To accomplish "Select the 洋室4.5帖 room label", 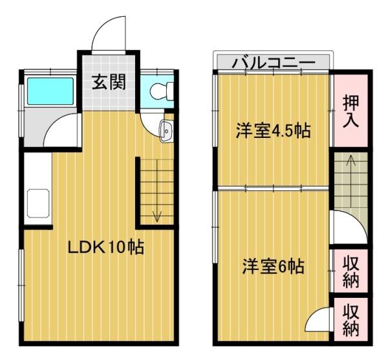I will (x=272, y=131).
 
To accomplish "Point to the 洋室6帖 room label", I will (x=274, y=266).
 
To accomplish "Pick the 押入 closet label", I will (x=350, y=111).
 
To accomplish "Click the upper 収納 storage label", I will (x=350, y=271).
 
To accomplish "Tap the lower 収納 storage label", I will (x=350, y=320).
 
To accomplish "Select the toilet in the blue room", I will (x=159, y=93).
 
